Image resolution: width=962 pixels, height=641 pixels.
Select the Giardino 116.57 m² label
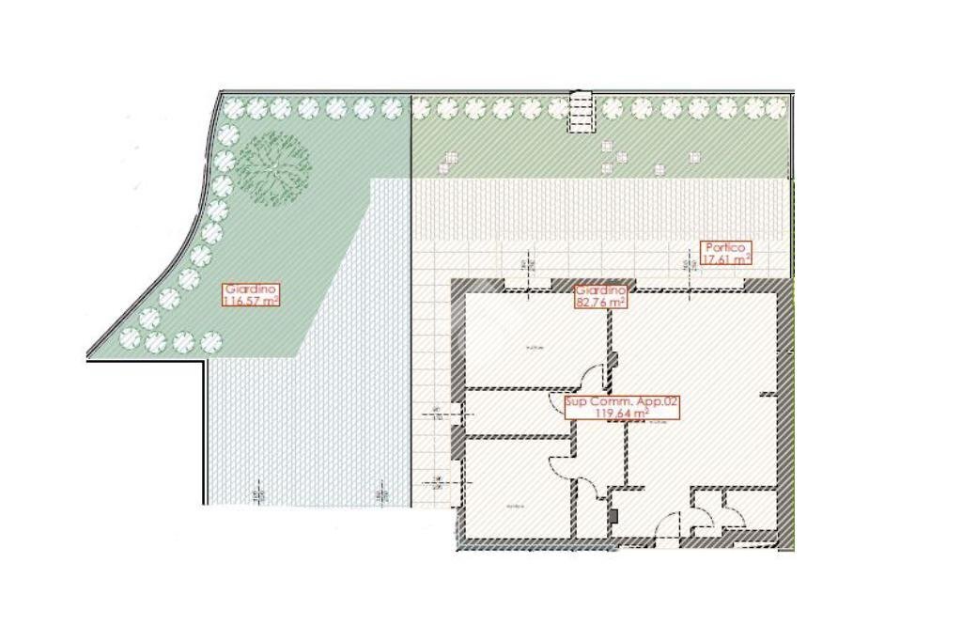pyautogui.click(x=251, y=295)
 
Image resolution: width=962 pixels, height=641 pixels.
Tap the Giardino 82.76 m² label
pyautogui.click(x=601, y=297)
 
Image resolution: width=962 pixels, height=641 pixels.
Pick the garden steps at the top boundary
pyautogui.click(x=582, y=111)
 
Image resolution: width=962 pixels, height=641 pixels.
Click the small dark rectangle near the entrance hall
pyautogui.click(x=613, y=515)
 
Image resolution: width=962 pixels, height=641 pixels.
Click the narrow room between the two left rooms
pyautogui.click(x=517, y=413)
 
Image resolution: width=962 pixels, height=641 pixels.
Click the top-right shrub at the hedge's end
pyautogui.click(x=775, y=109)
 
